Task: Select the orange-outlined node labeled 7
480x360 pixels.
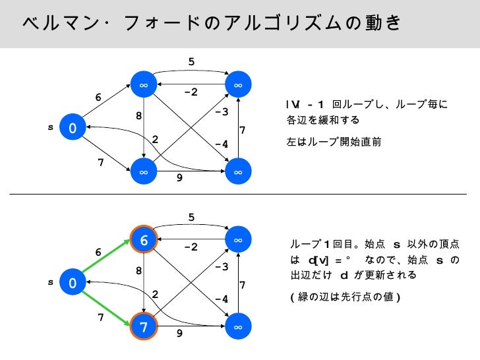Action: click(x=144, y=327)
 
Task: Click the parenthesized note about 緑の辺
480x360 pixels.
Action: click(x=345, y=297)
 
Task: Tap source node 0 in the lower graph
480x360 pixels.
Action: click(x=72, y=283)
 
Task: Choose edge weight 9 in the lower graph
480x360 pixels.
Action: click(x=178, y=334)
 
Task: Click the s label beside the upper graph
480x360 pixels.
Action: click(x=50, y=127)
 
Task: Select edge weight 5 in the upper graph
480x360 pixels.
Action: click(x=191, y=62)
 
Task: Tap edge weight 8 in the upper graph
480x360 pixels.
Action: click(x=139, y=115)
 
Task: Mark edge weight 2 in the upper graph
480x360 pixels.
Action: click(x=156, y=139)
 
